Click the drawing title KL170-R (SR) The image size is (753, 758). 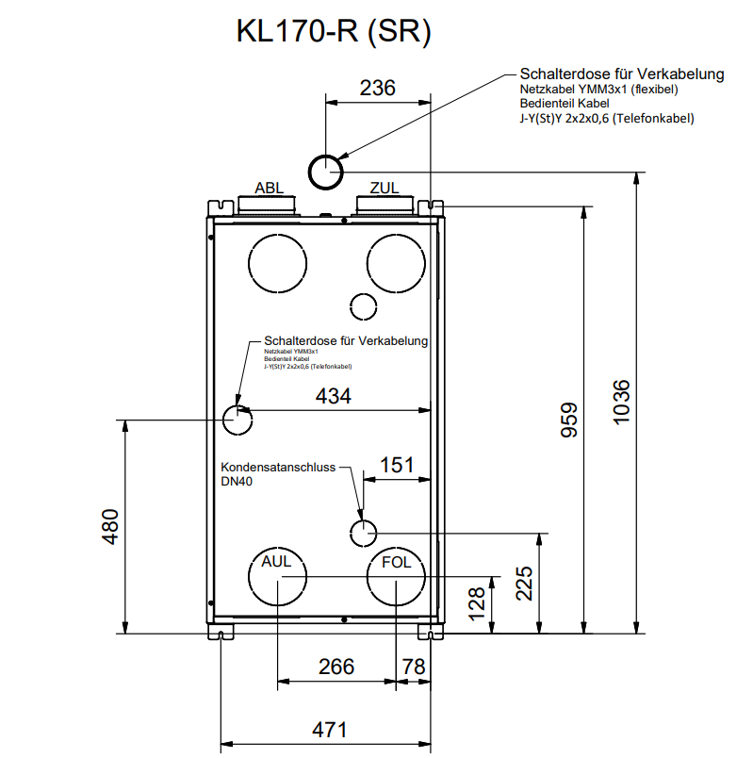click(334, 32)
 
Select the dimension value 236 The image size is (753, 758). click(378, 89)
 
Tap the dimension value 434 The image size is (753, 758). click(333, 396)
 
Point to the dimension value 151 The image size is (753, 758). click(397, 465)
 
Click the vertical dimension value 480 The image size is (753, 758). click(110, 527)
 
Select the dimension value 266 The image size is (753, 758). click(336, 667)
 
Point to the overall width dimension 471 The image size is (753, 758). click(329, 729)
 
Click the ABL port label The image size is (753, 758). click(269, 189)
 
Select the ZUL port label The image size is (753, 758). click(385, 189)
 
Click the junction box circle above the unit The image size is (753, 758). click(325, 172)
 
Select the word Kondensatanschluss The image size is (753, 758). click(278, 467)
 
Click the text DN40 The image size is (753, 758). click(237, 481)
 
